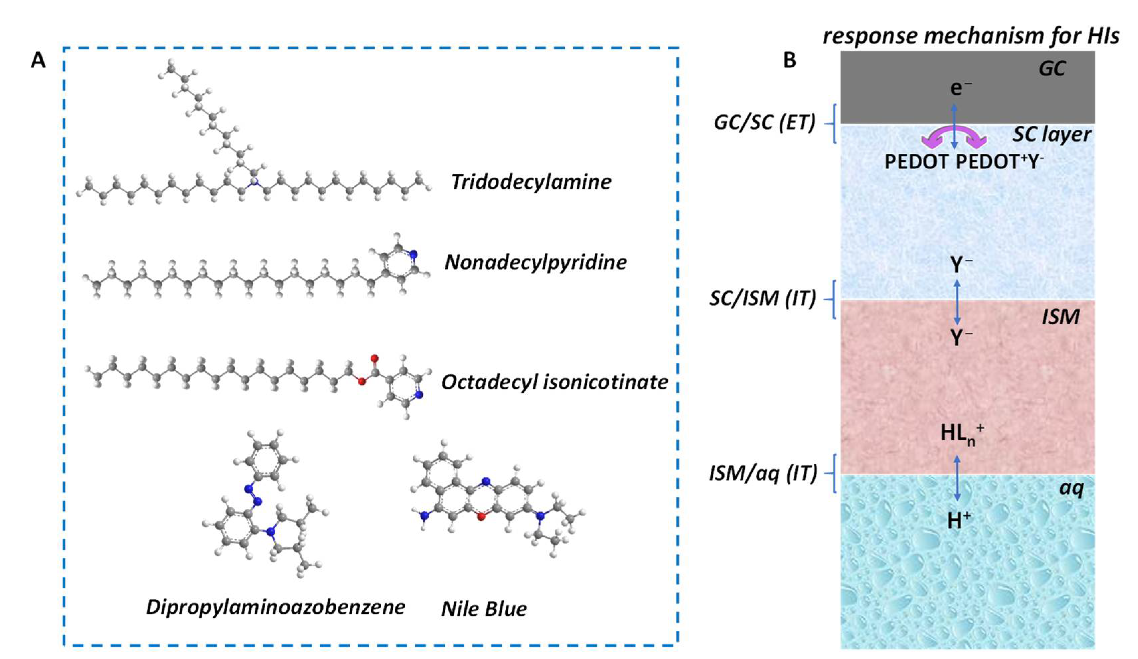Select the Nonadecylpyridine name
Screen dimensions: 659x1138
coord(536,262)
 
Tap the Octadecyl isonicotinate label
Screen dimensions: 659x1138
coord(555,382)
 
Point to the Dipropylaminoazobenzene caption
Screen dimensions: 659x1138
coord(275,607)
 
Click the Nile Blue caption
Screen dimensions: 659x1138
coord(484,609)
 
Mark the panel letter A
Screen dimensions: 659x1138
coord(38,60)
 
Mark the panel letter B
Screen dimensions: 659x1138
coord(789,60)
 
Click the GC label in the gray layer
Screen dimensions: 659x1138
coord(1052,69)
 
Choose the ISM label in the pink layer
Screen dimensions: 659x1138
coord(1061,317)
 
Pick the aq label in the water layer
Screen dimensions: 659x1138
coord(1071,488)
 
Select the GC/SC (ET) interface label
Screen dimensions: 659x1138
coord(764,123)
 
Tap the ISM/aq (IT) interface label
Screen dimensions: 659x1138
coord(763,473)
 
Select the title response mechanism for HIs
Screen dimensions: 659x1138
coord(971,35)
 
